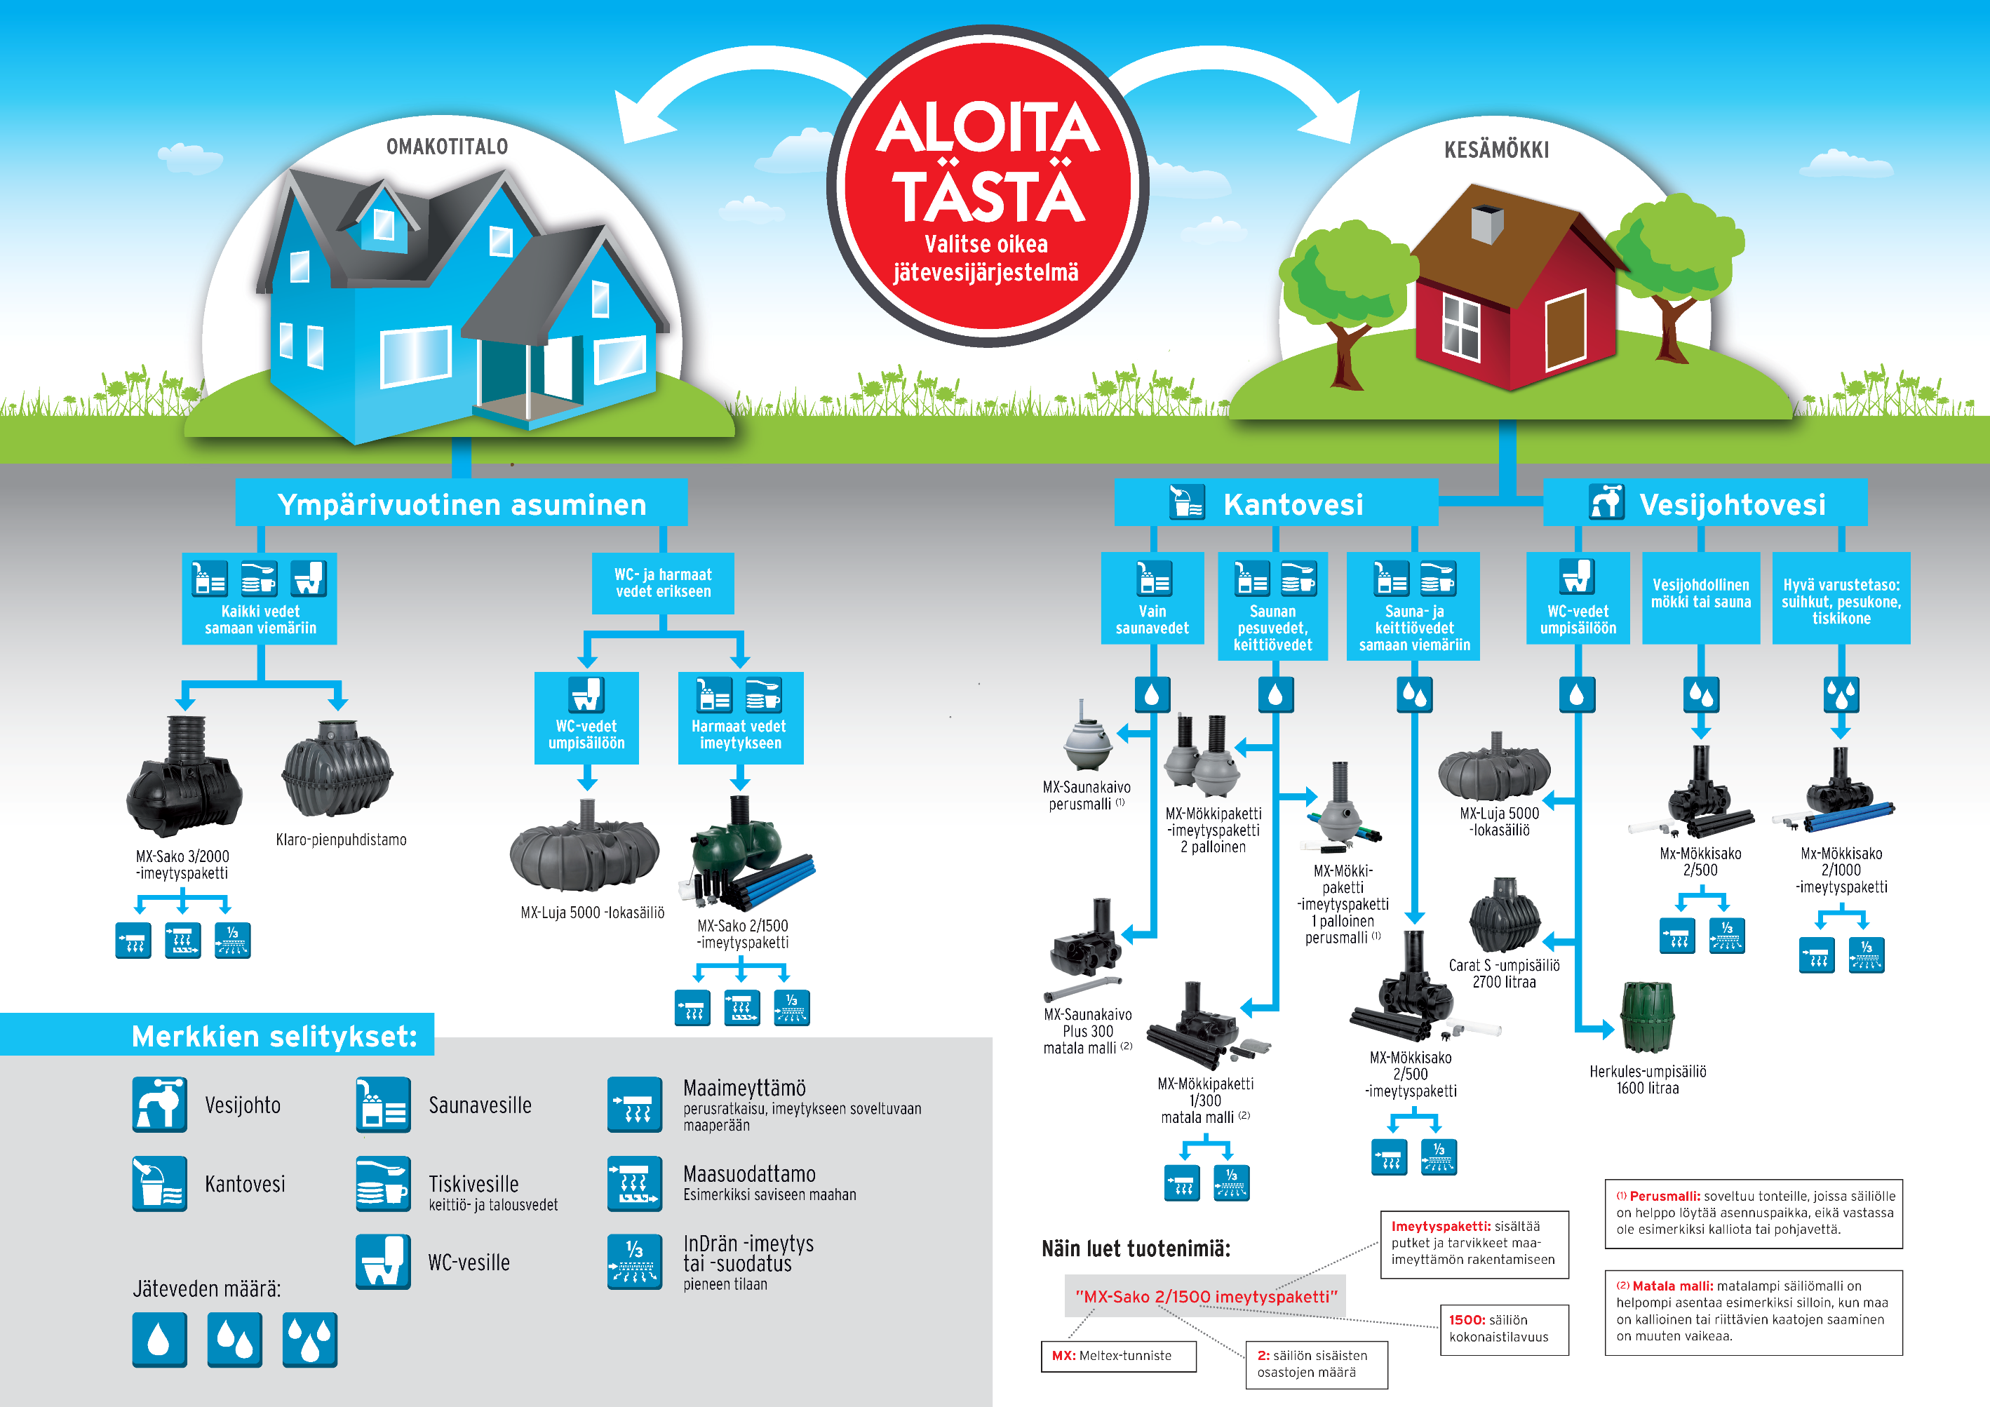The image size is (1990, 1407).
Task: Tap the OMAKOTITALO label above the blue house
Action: [x=448, y=147]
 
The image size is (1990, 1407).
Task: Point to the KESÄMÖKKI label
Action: [x=1496, y=150]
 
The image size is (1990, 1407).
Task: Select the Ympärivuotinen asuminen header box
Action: [x=461, y=504]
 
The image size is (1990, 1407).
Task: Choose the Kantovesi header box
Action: [x=1275, y=504]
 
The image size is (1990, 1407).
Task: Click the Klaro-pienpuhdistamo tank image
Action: [x=337, y=771]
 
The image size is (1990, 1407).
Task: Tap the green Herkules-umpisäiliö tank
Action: [x=1647, y=1018]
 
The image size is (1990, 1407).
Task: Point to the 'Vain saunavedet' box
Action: [x=1152, y=599]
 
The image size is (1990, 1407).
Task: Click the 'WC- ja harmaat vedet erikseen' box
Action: [x=663, y=584]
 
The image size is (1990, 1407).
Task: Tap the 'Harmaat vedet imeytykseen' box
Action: [x=740, y=718]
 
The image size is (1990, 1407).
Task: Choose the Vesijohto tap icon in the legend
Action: [x=159, y=1105]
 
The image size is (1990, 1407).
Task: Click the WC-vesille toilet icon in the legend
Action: [x=383, y=1261]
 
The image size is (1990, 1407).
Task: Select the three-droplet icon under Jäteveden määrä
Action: [x=309, y=1340]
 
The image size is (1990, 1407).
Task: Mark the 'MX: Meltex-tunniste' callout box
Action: [x=1118, y=1356]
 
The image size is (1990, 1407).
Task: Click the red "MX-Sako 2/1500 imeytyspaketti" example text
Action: [x=1206, y=1297]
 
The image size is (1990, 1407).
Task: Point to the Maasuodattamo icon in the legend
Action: [x=634, y=1183]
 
